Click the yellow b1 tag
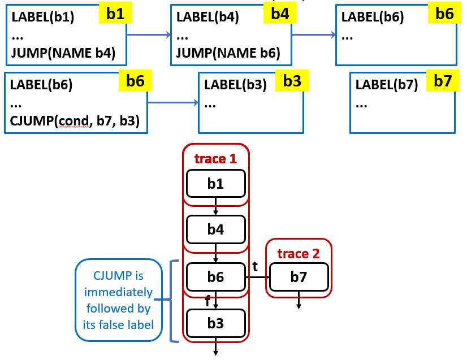(x=115, y=14)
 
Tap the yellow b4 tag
(x=280, y=14)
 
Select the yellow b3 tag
(x=292, y=81)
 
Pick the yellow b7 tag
(x=443, y=81)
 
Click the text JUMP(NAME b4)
(x=63, y=53)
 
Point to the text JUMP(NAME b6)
(x=228, y=53)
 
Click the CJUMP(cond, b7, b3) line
(x=75, y=121)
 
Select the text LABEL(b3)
(x=235, y=85)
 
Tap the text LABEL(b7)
(x=387, y=85)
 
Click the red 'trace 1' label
(x=215, y=159)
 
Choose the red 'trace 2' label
(x=299, y=254)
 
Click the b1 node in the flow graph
(x=215, y=184)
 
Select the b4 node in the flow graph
(x=215, y=229)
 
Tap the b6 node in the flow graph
(x=215, y=276)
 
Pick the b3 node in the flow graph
(x=215, y=323)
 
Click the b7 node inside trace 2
(x=299, y=276)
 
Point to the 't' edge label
(x=255, y=266)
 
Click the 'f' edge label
(x=208, y=301)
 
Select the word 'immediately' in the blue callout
(x=118, y=292)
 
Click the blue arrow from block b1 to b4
(x=149, y=35)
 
